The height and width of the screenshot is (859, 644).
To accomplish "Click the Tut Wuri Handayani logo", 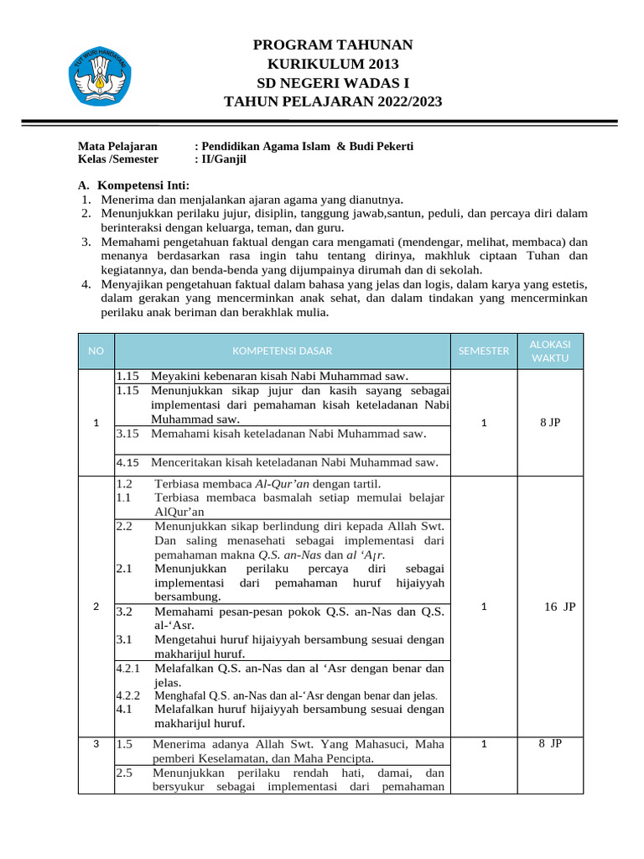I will [98, 76].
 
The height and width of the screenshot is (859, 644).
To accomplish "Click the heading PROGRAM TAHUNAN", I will [333, 44].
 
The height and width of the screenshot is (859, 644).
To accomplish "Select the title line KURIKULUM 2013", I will [333, 64].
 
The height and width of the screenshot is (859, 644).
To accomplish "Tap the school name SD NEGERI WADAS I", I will [333, 82].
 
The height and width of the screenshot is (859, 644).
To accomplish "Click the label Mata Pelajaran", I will [117, 146].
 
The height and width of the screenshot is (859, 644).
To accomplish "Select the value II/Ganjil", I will [222, 159].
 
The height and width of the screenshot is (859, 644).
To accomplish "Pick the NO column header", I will [96, 351].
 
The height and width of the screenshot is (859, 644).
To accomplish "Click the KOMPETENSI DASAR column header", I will [282, 351].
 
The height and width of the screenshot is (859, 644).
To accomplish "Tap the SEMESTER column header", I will [484, 351].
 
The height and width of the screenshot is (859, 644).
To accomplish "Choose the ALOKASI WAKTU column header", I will [550, 351].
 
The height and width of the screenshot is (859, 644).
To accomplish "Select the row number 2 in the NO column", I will [96, 606].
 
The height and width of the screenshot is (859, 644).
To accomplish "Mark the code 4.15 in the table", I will [127, 462].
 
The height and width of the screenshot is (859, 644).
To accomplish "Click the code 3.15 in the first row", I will [127, 434].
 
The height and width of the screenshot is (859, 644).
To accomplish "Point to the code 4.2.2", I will [128, 695].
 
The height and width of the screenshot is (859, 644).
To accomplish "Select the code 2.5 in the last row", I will [124, 773].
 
